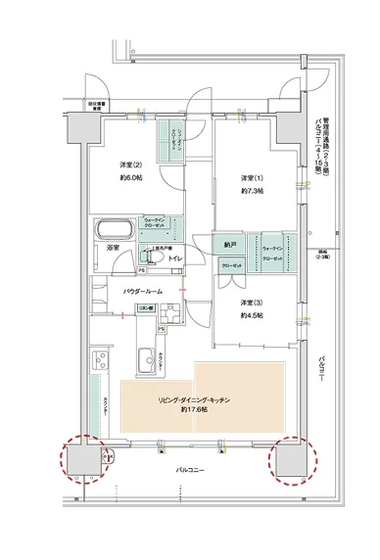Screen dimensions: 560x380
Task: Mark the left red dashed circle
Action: [x=84, y=460]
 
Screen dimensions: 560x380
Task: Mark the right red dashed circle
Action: [x=292, y=457]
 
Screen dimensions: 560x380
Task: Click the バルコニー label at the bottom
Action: [x=190, y=471]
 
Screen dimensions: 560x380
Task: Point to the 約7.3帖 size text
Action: [x=254, y=190]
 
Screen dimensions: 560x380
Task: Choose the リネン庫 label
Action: [x=143, y=309]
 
